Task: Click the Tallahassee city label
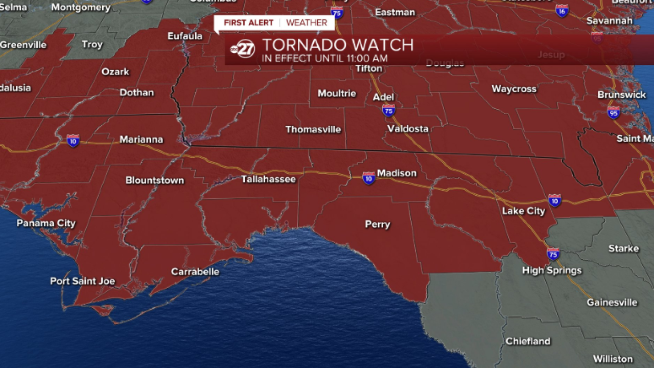click(268, 179)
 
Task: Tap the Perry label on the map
click(378, 224)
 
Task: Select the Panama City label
click(46, 223)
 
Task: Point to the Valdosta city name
click(408, 129)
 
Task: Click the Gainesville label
click(612, 303)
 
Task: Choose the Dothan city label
click(136, 93)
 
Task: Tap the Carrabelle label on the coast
click(195, 272)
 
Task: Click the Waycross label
click(514, 89)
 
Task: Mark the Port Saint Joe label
click(82, 281)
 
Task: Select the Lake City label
click(523, 211)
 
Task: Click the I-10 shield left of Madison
click(368, 177)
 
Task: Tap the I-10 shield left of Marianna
click(73, 140)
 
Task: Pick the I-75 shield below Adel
click(389, 110)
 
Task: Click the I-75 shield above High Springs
click(553, 254)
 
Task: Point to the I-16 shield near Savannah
click(562, 10)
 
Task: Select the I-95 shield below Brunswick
click(614, 112)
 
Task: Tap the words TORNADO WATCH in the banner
click(338, 45)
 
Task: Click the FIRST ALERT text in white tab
click(248, 23)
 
